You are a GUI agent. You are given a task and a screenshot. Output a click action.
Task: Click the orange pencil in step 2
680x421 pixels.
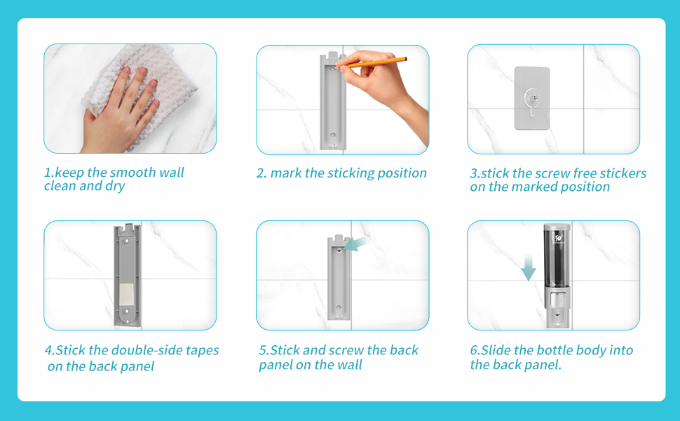(x=372, y=63)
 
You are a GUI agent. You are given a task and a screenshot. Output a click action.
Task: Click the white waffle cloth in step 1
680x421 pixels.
(x=143, y=87)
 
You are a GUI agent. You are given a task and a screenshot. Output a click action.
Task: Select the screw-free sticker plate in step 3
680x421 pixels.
(x=532, y=98)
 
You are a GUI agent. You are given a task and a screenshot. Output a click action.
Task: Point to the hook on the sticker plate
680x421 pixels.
(x=532, y=101)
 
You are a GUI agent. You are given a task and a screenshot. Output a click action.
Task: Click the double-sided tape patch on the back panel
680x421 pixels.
(x=126, y=294)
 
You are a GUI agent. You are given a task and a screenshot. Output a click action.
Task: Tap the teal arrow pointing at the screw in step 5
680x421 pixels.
(x=357, y=244)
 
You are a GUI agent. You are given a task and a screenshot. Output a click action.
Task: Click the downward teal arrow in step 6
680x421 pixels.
(x=528, y=267)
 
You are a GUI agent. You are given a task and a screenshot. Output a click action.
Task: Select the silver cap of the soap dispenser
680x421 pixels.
(x=557, y=228)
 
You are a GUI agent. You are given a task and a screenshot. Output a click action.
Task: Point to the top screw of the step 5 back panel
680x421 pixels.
(x=339, y=250)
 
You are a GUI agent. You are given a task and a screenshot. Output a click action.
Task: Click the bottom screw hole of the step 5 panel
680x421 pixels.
(x=339, y=308)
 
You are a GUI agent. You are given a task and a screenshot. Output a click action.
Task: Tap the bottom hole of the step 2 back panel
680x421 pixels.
(x=333, y=135)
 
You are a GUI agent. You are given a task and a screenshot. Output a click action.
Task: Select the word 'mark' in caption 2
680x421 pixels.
(x=286, y=173)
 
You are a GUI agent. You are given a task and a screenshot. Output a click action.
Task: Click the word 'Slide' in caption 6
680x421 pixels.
(x=496, y=350)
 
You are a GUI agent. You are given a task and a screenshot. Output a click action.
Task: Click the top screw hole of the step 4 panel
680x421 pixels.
(x=127, y=239)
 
